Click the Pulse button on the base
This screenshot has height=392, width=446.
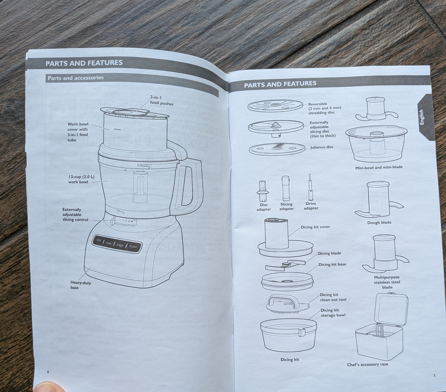(x=133, y=246)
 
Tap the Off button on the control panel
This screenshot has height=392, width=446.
(x=99, y=240)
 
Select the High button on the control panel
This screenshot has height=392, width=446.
(x=120, y=245)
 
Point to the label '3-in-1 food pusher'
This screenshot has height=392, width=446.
(x=162, y=100)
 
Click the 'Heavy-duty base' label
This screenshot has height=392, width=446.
(x=81, y=285)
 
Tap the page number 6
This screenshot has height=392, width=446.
(x=48, y=372)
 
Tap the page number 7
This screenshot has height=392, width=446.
(x=434, y=376)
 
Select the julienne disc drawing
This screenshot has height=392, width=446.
(x=277, y=148)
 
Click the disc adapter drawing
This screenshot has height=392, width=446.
(x=262, y=191)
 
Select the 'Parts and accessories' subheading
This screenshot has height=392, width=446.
(x=76, y=78)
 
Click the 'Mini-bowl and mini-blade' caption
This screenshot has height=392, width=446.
(x=379, y=168)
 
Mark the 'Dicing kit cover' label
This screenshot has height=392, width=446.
(x=315, y=227)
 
